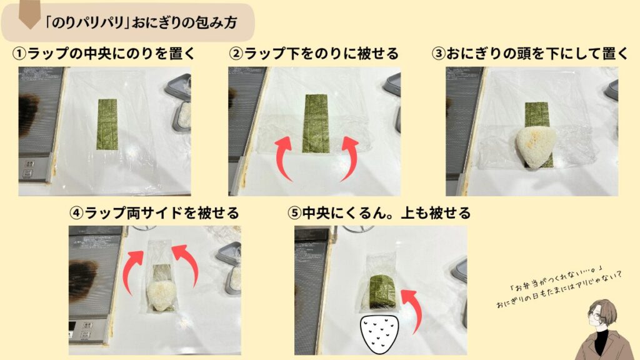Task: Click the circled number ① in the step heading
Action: (19, 54)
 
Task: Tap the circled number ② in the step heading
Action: (236, 54)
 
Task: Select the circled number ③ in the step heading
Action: (439, 54)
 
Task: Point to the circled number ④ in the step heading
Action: (76, 213)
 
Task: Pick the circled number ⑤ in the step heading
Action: (294, 213)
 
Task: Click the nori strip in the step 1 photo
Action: (107, 124)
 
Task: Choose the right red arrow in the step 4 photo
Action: (187, 265)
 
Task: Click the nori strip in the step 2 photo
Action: (316, 123)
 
